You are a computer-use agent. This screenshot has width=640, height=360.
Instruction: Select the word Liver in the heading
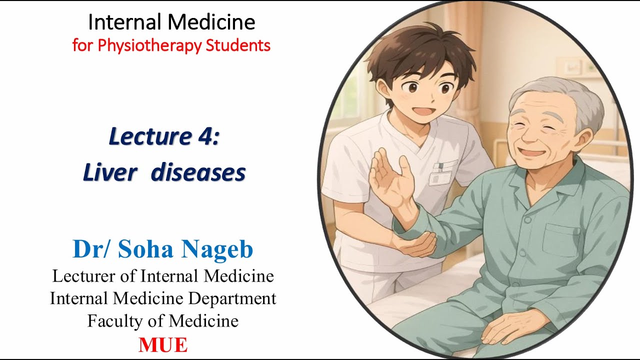[x=109, y=173]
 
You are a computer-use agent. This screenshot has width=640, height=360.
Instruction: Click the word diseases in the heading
[x=198, y=173]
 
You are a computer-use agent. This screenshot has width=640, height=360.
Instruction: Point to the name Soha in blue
[x=148, y=249]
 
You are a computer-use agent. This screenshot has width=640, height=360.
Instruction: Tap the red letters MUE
[x=163, y=345]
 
